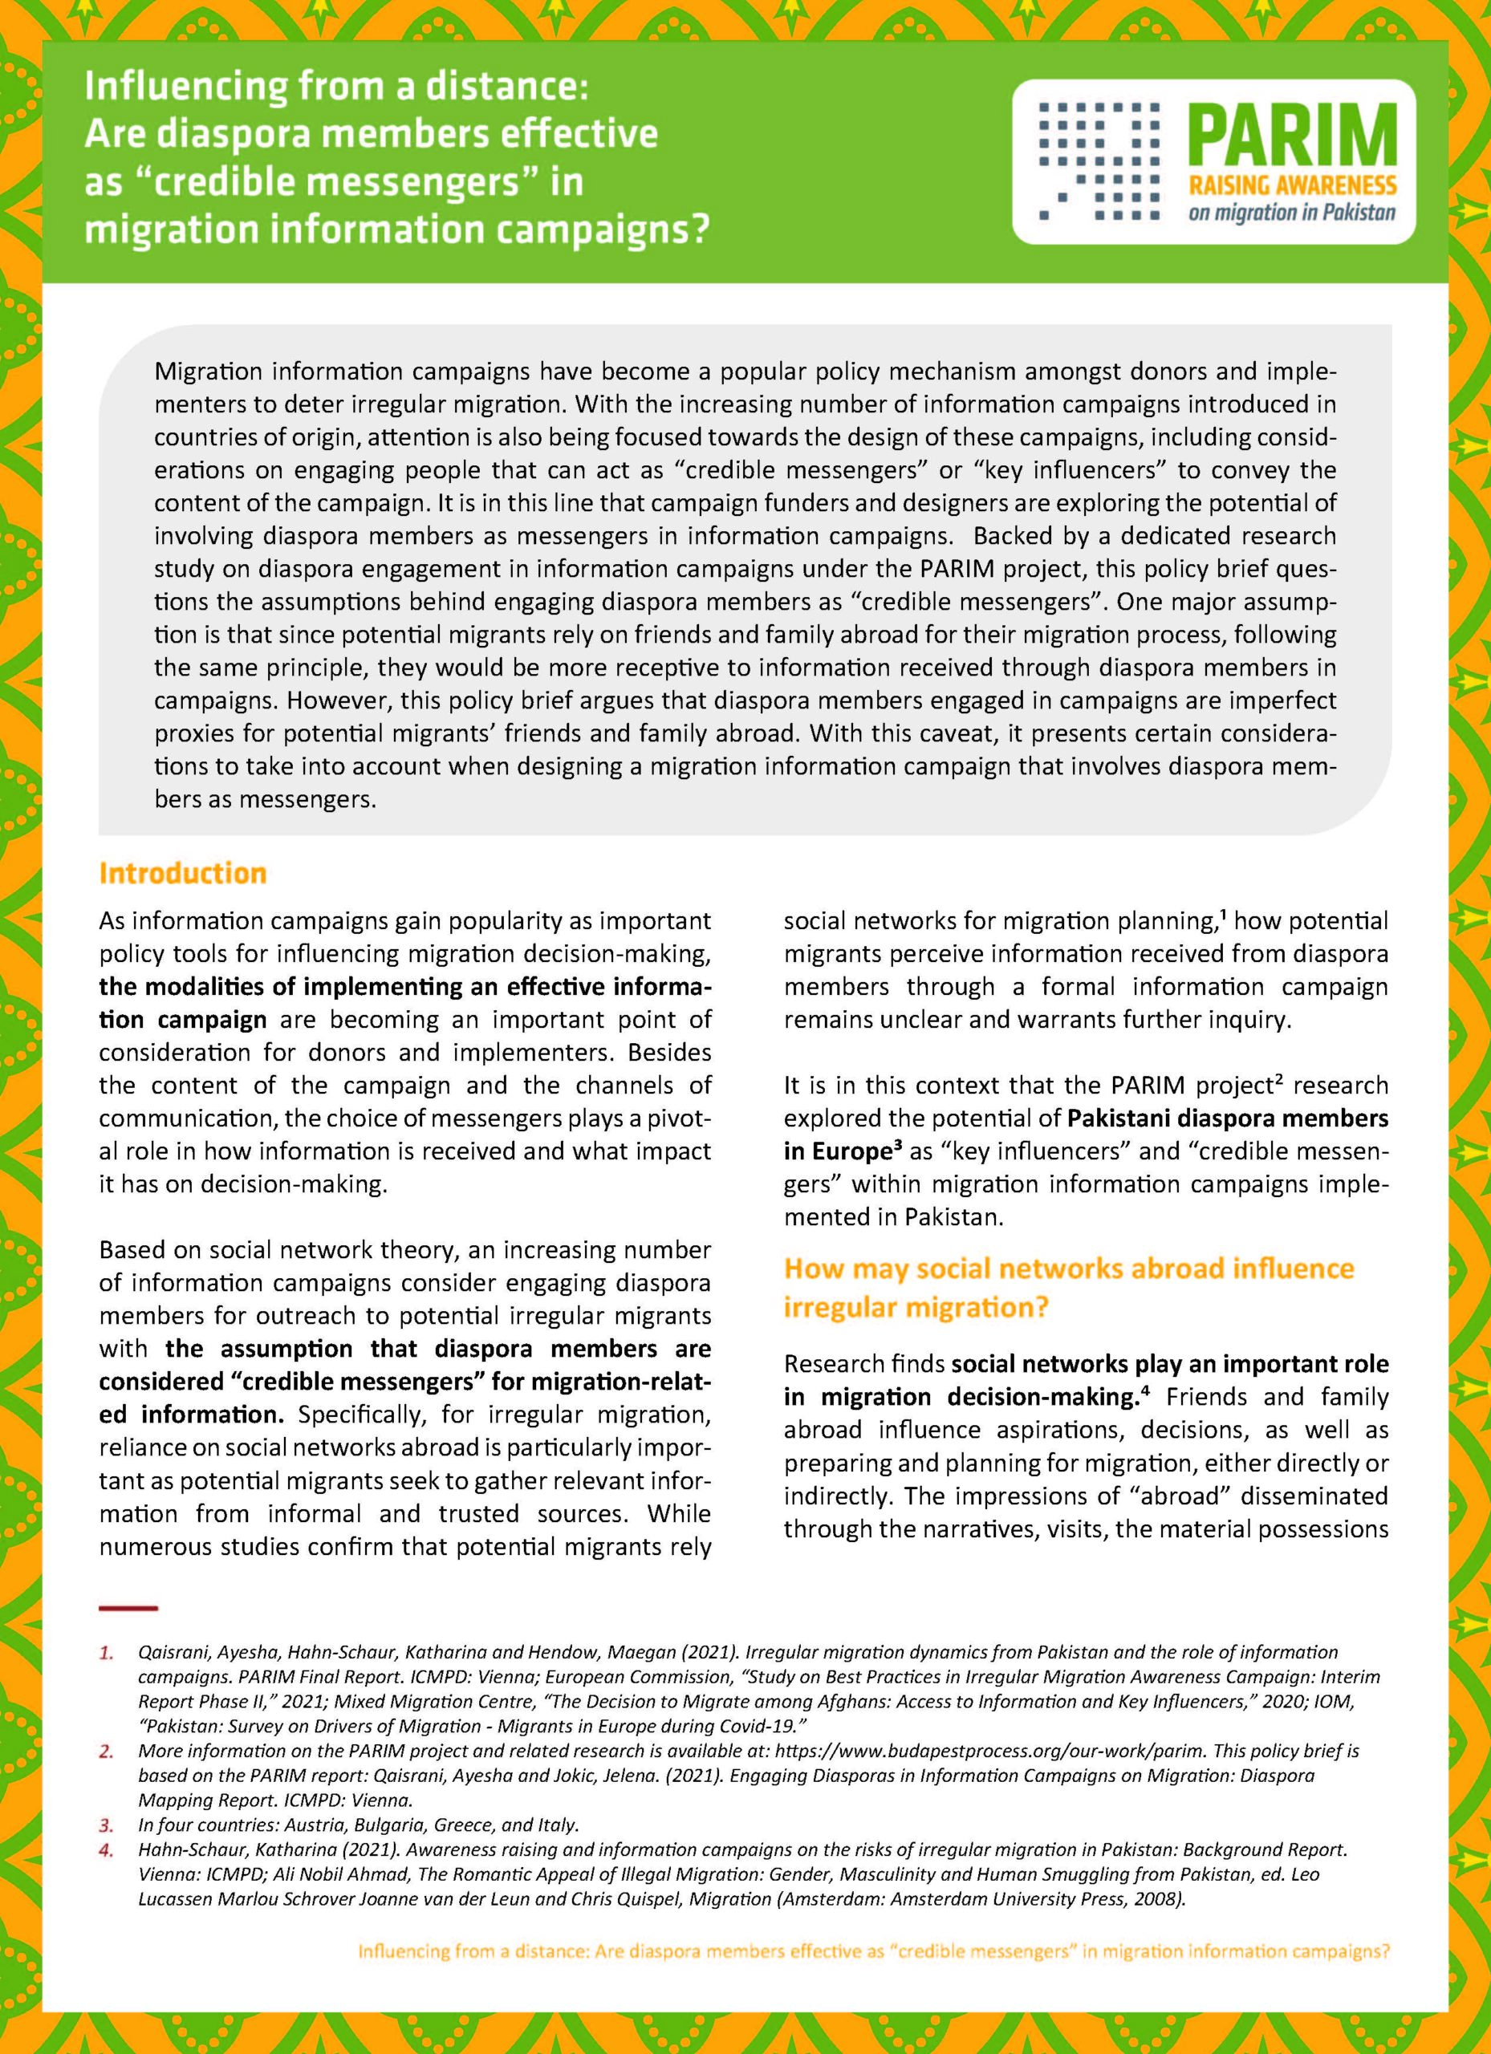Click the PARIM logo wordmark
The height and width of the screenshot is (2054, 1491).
pyautogui.click(x=1292, y=134)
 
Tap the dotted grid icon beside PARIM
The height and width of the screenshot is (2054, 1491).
pyautogui.click(x=1097, y=160)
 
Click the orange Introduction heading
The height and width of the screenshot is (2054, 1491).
pyautogui.click(x=182, y=873)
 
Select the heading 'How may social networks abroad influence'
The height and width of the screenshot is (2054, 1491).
pyautogui.click(x=1068, y=1268)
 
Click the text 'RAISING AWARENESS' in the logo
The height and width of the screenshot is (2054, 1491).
pyautogui.click(x=1292, y=187)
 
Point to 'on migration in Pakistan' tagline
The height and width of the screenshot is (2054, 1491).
pyautogui.click(x=1292, y=215)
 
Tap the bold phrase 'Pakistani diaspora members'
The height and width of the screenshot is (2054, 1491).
pyautogui.click(x=1228, y=1118)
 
